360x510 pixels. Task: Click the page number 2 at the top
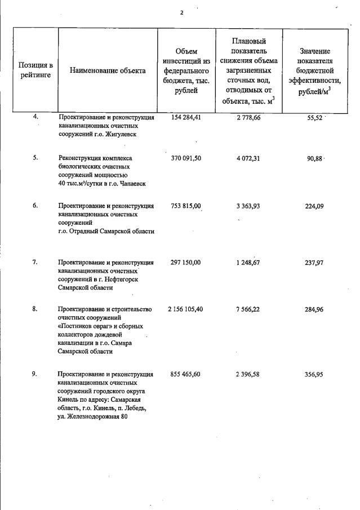[x=181, y=13]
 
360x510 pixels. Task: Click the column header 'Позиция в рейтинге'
[x=35, y=70]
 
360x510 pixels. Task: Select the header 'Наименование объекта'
[x=108, y=70]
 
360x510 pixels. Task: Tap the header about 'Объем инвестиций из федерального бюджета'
[x=186, y=70]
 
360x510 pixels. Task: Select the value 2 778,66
[x=248, y=117]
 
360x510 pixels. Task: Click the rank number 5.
[x=35, y=158]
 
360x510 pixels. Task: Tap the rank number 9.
[x=35, y=374]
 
